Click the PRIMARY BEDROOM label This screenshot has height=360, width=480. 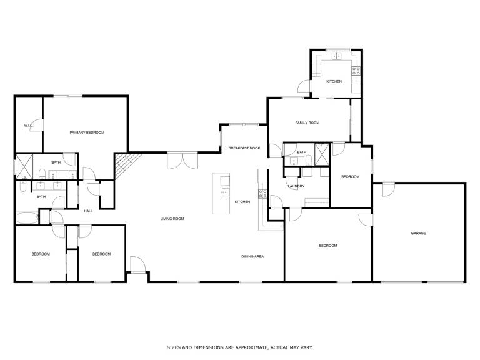click(87, 132)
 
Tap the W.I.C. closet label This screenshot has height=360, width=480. click(29, 126)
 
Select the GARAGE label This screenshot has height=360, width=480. click(418, 233)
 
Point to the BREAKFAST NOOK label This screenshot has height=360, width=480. click(244, 148)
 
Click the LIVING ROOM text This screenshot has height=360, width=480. click(172, 219)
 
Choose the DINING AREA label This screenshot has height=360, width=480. click(252, 256)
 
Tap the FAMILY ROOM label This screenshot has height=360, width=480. click(307, 122)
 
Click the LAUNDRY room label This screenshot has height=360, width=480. click(296, 186)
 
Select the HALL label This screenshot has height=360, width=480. click(89, 211)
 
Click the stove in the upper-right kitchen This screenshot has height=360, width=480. click(356, 71)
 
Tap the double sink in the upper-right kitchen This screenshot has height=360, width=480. click(337, 56)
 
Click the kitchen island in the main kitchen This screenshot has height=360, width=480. click(221, 194)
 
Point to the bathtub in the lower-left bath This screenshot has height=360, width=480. click(27, 218)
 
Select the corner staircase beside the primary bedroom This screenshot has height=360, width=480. click(126, 165)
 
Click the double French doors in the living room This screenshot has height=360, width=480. click(182, 161)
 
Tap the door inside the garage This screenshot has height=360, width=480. click(389, 189)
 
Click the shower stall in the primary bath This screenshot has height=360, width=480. click(24, 166)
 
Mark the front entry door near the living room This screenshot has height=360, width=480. click(137, 264)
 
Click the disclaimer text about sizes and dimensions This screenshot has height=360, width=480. click(240, 347)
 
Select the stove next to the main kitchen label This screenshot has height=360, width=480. click(262, 194)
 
